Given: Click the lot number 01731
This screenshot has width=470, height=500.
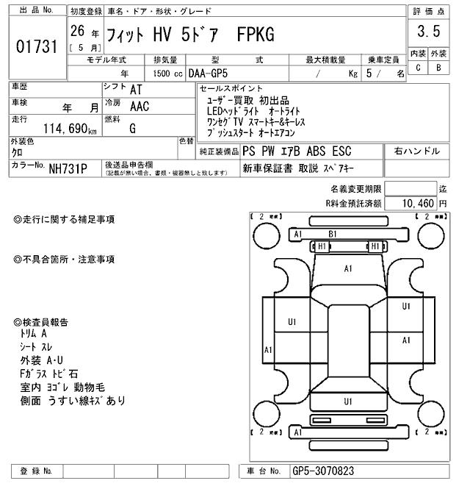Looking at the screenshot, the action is tap(36, 46).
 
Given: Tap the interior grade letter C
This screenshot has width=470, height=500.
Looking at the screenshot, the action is tap(417, 68).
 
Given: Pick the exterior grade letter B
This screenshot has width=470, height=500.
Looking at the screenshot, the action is tap(438, 68).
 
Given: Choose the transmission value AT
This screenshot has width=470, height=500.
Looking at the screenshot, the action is tap(137, 87).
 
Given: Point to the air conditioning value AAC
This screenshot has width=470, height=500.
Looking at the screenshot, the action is tap(140, 106).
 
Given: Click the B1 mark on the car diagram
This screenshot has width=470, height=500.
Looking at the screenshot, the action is tap(333, 235).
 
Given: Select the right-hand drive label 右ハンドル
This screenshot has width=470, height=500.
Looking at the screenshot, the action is tap(417, 151).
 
